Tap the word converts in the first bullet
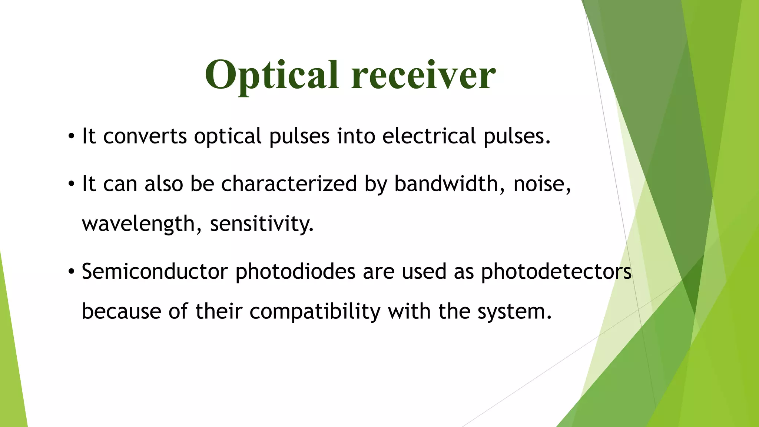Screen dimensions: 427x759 [145, 136]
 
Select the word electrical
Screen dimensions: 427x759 [429, 136]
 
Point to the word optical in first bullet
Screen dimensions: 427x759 [228, 137]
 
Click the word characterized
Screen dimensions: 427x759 [289, 184]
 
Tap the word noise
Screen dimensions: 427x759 [541, 185]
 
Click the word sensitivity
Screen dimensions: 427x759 [262, 224]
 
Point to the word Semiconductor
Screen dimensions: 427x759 [155, 271]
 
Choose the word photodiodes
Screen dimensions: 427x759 [295, 272]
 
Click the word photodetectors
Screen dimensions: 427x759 [556, 272]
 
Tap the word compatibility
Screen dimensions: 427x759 [315, 312]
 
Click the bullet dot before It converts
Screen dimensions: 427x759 [71, 137]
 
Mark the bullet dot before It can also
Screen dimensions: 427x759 [71, 184]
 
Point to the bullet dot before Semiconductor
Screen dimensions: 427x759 [71, 272]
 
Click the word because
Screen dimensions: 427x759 [121, 312]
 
